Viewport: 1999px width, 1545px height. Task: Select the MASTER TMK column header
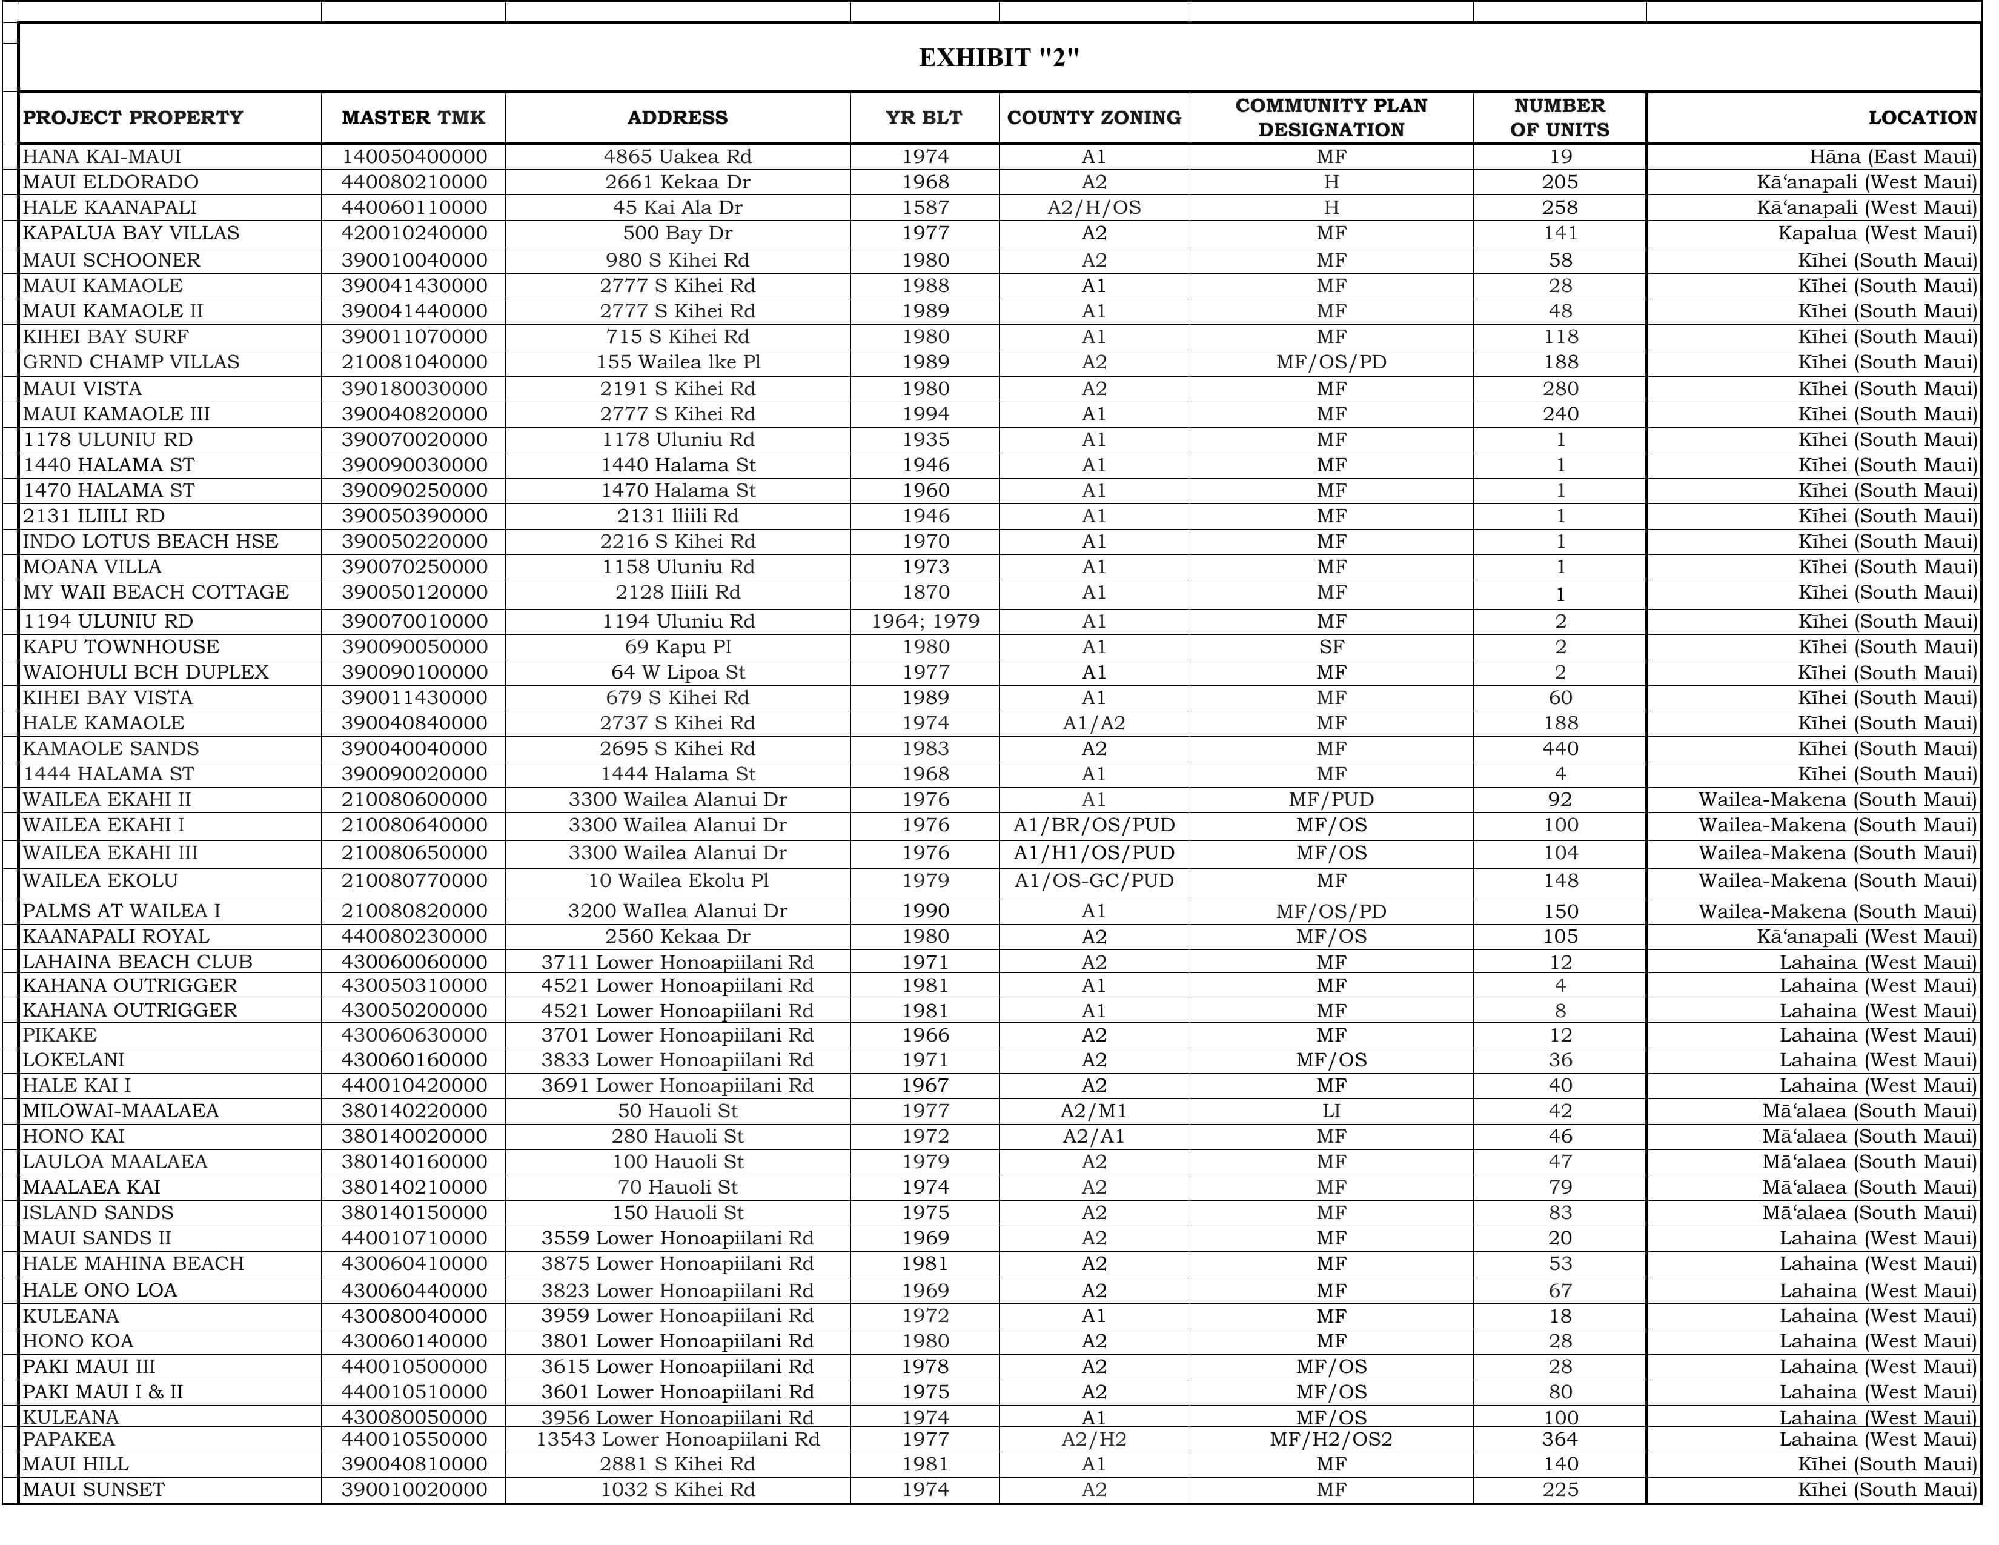point(413,117)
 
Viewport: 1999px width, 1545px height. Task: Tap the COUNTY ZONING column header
point(1094,117)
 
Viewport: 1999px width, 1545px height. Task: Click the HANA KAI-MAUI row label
point(102,156)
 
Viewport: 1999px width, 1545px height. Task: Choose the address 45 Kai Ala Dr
point(677,208)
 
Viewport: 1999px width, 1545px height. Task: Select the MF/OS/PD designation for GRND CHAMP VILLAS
point(1331,362)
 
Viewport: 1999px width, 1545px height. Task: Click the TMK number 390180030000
point(414,389)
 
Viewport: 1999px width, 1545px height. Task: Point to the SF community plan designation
point(1331,647)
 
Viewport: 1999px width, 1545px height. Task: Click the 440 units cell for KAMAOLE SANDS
point(1560,749)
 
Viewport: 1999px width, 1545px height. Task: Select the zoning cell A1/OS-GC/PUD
point(1094,882)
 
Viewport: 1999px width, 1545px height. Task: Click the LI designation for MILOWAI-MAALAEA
point(1331,1111)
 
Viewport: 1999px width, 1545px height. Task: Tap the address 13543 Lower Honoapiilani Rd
point(677,1439)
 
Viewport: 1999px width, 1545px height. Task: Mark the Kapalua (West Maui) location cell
point(1877,233)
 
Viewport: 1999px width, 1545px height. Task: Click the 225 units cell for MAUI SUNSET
point(1560,1489)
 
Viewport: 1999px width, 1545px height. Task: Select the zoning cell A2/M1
point(1094,1111)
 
